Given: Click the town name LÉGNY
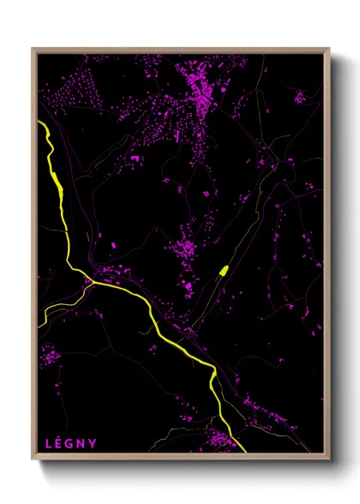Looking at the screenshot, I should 70,443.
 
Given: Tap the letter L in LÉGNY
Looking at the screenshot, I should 48,443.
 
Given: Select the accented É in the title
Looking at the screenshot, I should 59,443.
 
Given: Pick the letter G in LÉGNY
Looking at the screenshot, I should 70,443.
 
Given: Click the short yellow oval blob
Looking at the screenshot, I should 223,271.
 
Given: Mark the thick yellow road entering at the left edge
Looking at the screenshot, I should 40,124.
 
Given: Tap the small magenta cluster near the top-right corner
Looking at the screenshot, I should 299,97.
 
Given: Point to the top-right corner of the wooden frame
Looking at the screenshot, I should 330,49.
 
